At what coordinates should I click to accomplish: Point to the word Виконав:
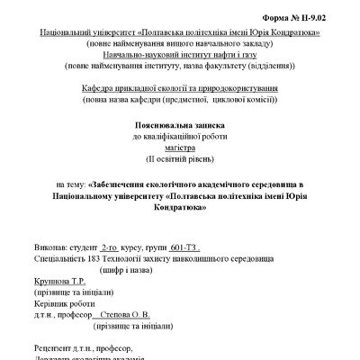point(49,245)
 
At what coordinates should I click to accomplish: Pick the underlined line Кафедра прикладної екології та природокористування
point(180,88)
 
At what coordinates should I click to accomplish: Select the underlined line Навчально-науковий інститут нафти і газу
point(180,54)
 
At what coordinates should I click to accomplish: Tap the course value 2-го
point(111,245)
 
